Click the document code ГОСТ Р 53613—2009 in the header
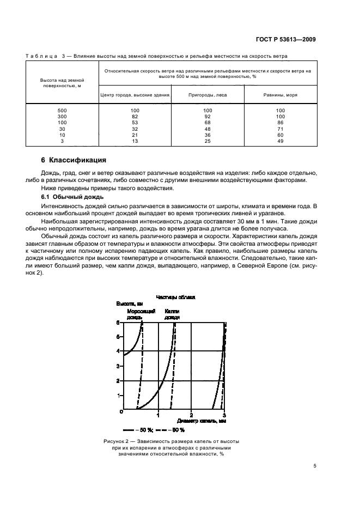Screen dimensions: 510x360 coord(285,40)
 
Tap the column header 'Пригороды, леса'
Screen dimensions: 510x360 coord(208,95)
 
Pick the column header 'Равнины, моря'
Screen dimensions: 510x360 coord(280,95)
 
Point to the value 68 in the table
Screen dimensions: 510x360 coord(208,123)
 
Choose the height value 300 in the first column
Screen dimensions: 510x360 coord(62,117)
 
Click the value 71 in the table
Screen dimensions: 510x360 coord(280,129)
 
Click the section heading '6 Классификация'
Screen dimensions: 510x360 coord(74,161)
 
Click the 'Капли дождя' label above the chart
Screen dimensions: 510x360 coord(172,313)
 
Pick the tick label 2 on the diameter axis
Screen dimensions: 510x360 coord(191,416)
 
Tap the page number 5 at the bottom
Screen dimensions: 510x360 coord(315,466)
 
